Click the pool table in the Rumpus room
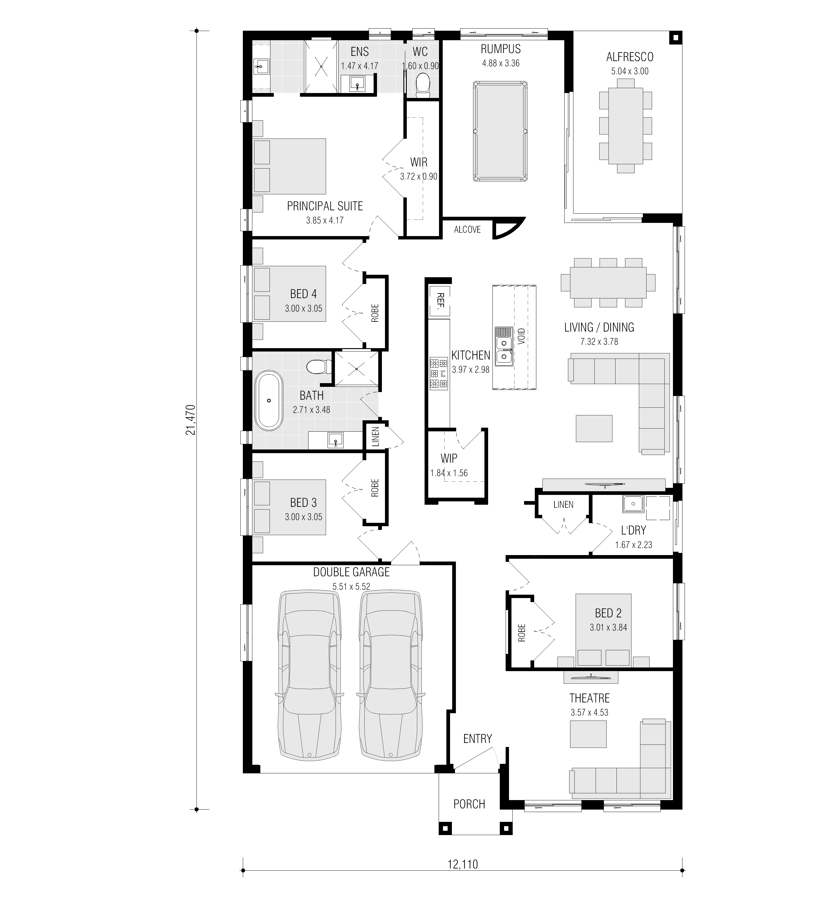click(500, 131)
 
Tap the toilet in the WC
click(422, 86)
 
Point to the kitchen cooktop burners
click(438, 373)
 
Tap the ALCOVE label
click(467, 229)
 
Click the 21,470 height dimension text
click(191, 420)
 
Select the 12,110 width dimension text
click(462, 877)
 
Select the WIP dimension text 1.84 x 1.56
click(449, 473)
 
